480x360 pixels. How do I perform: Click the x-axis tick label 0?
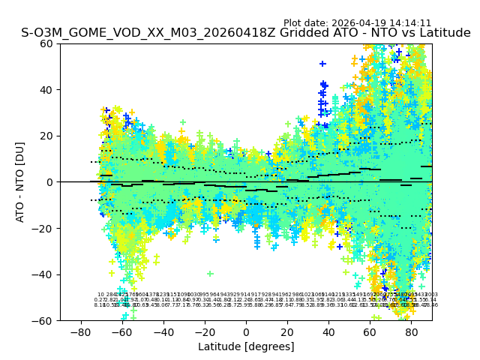click(x=246, y=331)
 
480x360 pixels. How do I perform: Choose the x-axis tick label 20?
click(x=287, y=331)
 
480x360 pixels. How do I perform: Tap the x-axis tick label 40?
click(x=328, y=331)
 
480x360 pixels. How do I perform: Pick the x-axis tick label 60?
click(x=370, y=331)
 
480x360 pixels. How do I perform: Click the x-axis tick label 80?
click(x=412, y=331)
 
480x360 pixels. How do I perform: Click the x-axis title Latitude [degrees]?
click(x=246, y=346)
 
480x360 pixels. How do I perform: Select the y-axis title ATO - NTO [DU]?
click(x=20, y=182)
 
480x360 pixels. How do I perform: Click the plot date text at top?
click(x=357, y=23)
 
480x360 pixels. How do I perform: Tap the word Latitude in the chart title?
click(x=444, y=34)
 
